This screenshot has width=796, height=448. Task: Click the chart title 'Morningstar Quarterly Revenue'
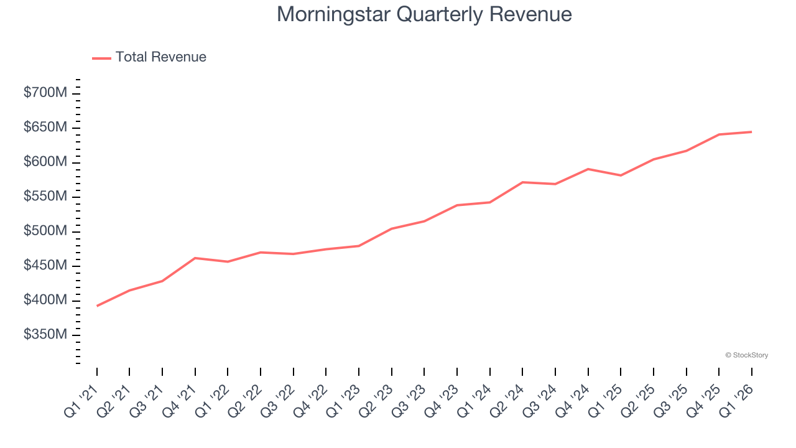(x=424, y=14)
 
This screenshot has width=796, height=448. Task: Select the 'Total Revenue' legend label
(x=160, y=57)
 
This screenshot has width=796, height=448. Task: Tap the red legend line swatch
(x=101, y=58)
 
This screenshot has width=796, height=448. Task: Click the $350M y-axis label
(x=45, y=335)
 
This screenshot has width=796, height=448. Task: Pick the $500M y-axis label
(x=45, y=231)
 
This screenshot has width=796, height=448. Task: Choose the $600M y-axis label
(x=45, y=162)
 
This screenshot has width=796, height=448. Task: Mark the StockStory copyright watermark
(x=746, y=355)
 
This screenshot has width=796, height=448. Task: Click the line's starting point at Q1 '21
(x=97, y=306)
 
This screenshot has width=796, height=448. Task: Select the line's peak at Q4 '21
(x=195, y=258)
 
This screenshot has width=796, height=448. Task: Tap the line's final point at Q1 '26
(x=751, y=132)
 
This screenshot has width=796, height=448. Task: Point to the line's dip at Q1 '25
(x=621, y=175)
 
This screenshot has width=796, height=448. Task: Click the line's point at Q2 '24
(x=522, y=182)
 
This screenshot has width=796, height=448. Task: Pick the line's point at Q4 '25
(x=719, y=134)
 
